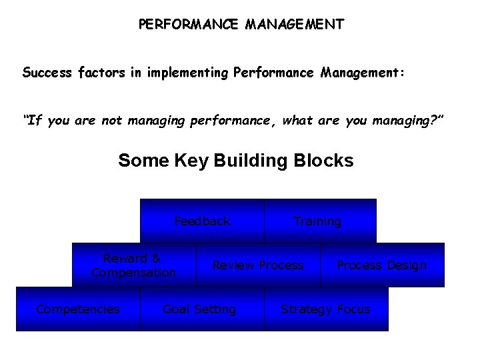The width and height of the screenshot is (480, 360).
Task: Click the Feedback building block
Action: tap(202, 221)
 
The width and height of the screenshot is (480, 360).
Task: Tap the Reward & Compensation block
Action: tap(133, 265)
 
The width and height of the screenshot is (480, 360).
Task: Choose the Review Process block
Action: tap(257, 265)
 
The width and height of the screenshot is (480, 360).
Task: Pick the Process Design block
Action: tap(381, 265)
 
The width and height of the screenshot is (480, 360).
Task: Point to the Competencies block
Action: tap(78, 309)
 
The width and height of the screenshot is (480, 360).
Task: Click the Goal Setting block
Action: tap(199, 309)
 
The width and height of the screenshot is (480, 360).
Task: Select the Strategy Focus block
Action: tap(325, 309)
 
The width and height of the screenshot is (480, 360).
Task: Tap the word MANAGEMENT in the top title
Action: tap(295, 25)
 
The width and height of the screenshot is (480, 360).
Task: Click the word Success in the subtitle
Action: tap(46, 72)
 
